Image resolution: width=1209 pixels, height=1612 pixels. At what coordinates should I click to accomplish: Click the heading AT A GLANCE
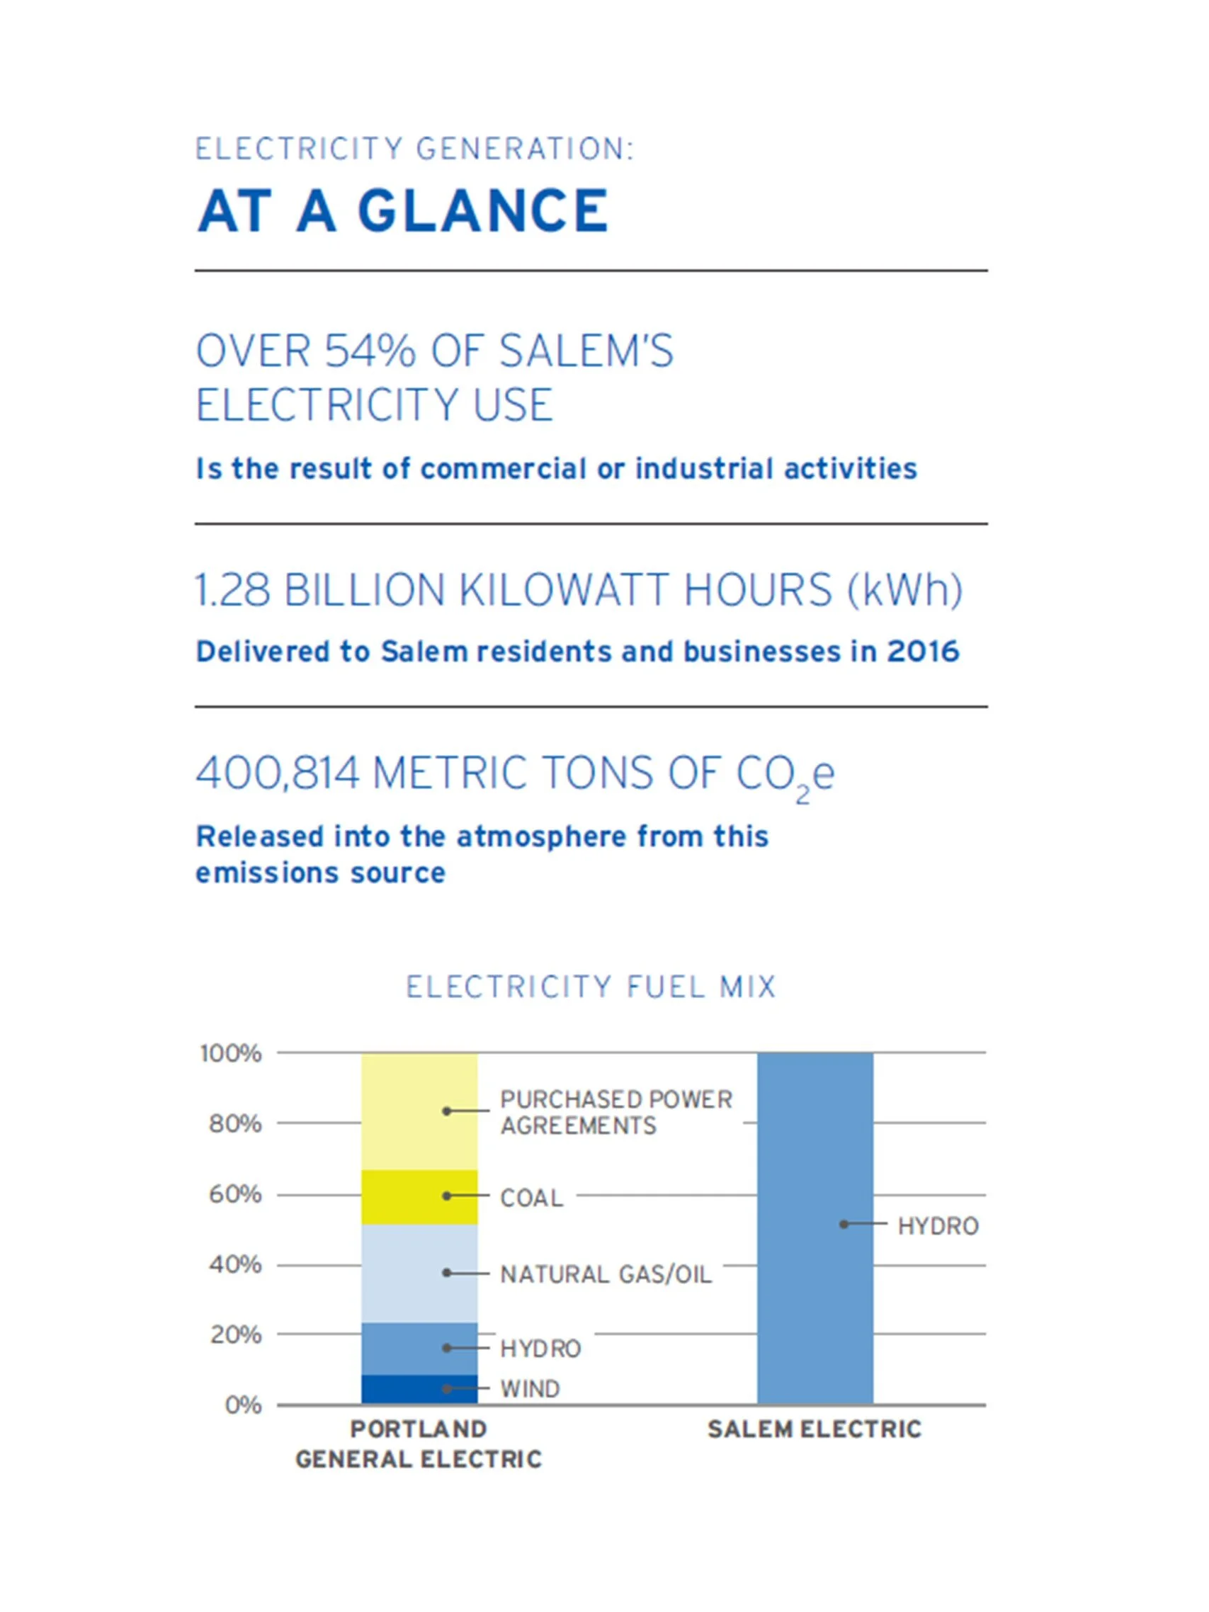(x=402, y=210)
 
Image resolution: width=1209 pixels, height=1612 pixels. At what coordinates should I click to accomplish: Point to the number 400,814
(x=278, y=773)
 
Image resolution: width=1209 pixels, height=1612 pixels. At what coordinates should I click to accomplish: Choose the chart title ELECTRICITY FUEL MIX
(x=591, y=987)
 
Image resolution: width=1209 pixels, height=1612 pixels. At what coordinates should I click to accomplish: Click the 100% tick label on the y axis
(x=231, y=1053)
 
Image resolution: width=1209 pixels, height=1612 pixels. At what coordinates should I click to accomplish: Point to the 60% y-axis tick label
(x=234, y=1194)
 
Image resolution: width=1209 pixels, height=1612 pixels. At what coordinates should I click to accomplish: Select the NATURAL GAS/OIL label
(x=606, y=1275)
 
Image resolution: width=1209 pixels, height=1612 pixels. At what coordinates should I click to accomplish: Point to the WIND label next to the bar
(x=530, y=1389)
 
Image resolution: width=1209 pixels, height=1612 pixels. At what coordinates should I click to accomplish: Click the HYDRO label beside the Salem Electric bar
(x=938, y=1227)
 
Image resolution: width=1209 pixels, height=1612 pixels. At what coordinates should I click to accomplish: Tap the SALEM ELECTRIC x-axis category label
(x=814, y=1430)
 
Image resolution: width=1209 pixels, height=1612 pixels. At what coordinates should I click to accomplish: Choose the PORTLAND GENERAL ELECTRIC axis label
(x=419, y=1444)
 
